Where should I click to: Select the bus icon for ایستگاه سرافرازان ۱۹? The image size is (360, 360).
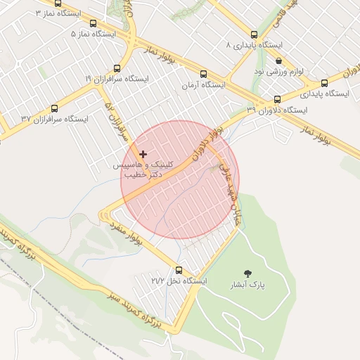(117, 68)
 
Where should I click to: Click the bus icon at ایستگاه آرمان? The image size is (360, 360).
(204, 74)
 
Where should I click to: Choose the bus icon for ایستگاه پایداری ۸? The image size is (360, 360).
(254, 34)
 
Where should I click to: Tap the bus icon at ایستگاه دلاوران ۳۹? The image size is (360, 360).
(277, 99)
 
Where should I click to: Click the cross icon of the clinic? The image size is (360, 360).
(143, 153)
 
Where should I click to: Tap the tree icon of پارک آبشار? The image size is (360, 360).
(247, 273)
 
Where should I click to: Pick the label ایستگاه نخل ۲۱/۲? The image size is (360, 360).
(179, 281)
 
